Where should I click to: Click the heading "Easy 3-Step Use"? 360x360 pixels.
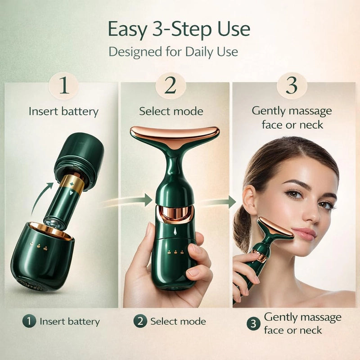tap(179, 29)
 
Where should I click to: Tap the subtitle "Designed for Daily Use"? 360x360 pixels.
tap(173, 52)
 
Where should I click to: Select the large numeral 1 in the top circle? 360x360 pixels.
tap(64, 85)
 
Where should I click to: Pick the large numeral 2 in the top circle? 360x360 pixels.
tap(171, 85)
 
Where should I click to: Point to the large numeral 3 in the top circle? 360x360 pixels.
tap(292, 85)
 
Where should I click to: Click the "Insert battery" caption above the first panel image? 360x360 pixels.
tap(63, 112)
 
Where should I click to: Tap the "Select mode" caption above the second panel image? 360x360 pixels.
tap(171, 111)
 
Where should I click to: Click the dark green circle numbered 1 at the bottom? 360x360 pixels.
tap(29, 321)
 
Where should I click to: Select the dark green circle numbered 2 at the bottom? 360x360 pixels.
tap(140, 321)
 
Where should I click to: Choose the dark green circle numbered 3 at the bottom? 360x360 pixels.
tap(253, 324)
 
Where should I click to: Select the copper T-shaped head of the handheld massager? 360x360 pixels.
tap(175, 135)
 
